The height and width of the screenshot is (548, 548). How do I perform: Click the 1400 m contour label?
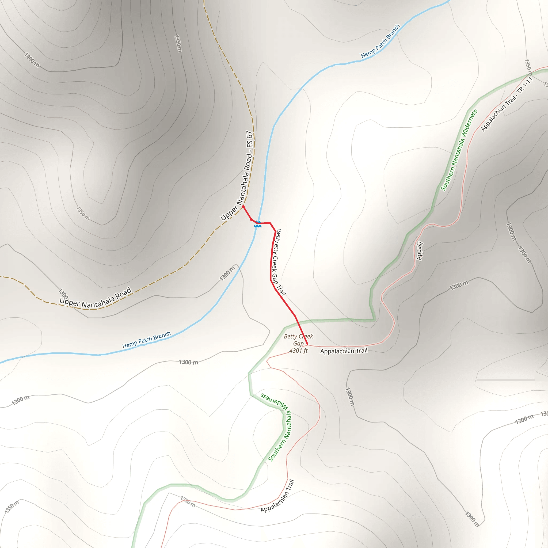32,60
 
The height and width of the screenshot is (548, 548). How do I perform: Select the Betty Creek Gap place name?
298,340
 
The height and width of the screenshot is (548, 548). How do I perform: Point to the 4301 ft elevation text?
298,351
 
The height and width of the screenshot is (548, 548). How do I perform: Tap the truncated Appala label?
420,251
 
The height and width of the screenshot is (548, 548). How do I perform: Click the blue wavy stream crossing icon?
258,224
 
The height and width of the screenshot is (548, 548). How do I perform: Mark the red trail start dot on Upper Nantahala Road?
243,207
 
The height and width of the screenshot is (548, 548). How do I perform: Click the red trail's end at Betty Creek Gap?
307,345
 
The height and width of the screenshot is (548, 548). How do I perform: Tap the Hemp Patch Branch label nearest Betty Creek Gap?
146,340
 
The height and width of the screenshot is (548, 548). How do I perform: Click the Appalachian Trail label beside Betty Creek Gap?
344,351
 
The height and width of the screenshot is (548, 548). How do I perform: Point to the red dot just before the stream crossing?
251,219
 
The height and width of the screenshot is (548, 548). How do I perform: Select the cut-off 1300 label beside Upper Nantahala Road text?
63,293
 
